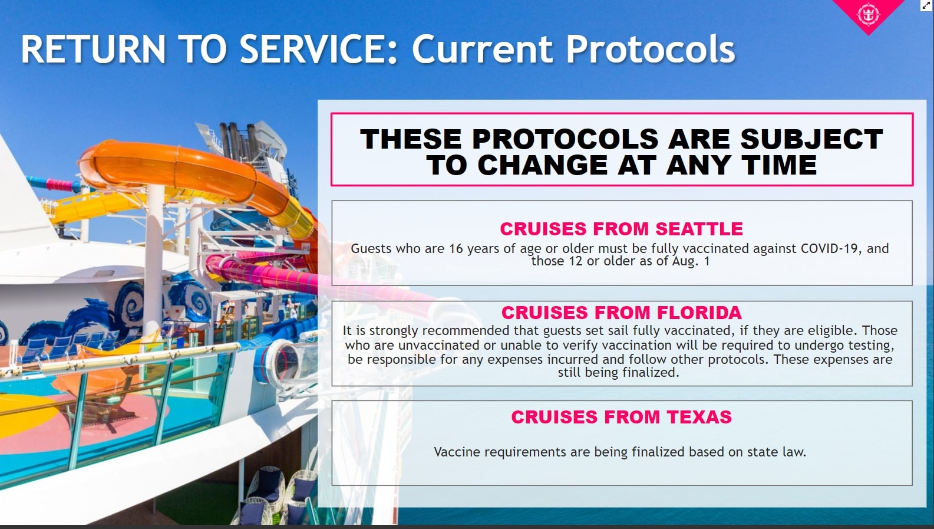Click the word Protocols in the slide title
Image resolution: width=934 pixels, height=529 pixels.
pyautogui.click(x=650, y=49)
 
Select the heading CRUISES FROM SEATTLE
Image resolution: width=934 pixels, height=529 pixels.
pyautogui.click(x=621, y=229)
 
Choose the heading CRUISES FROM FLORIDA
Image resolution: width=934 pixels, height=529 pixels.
pyautogui.click(x=621, y=313)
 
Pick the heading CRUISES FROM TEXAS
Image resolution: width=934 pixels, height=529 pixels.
pyautogui.click(x=621, y=417)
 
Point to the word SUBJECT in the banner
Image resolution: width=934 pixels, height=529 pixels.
pyautogui.click(x=811, y=139)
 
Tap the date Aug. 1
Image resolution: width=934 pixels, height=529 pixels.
pyautogui.click(x=691, y=261)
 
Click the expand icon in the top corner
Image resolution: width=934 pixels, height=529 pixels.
pyautogui.click(x=926, y=5)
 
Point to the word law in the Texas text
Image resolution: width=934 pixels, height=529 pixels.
pyautogui.click(x=794, y=452)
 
